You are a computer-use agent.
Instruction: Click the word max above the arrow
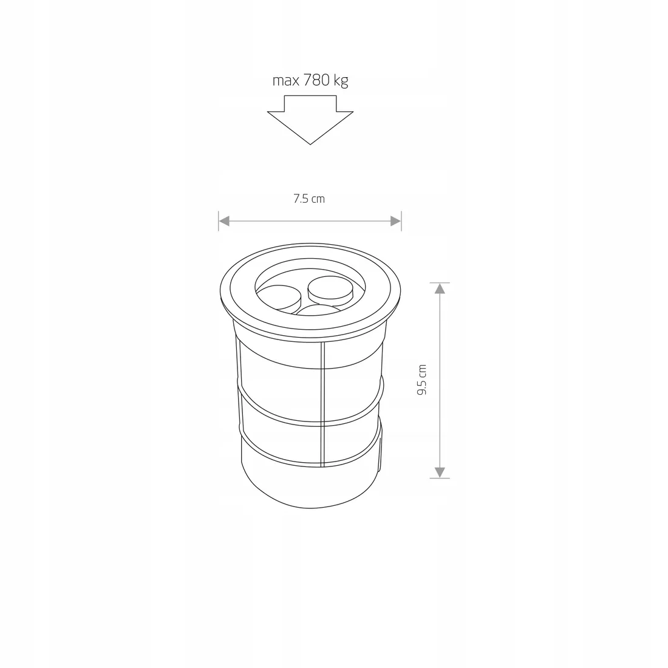286,81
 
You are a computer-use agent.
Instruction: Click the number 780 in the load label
316,80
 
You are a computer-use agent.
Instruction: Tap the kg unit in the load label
341,81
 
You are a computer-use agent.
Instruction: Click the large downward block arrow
310,120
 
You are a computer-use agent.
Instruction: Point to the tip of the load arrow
310,145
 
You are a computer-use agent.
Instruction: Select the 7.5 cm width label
309,199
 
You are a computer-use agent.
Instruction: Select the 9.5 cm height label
422,380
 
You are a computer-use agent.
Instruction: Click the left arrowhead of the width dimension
224,221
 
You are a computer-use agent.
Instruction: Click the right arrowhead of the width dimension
396,221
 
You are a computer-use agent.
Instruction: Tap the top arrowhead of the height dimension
440,288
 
